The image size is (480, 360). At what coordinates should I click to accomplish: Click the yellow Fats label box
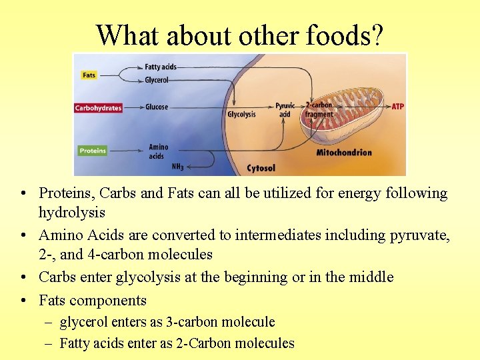click(x=89, y=75)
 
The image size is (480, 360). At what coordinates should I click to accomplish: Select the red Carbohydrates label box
click(x=98, y=108)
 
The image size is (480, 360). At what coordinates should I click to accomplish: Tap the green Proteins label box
click(x=93, y=151)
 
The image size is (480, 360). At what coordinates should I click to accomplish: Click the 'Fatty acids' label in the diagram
click(x=160, y=67)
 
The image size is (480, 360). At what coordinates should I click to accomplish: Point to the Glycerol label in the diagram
click(x=157, y=80)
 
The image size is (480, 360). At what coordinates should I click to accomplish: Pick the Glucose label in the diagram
click(x=157, y=107)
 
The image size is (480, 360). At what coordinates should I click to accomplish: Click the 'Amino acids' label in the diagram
click(x=158, y=151)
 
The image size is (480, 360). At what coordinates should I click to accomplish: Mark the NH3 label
click(x=177, y=166)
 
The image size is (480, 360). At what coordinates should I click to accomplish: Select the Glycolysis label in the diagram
click(x=241, y=115)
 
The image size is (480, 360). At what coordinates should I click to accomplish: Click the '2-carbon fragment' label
click(x=319, y=110)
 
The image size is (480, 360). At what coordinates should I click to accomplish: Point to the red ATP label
click(x=397, y=107)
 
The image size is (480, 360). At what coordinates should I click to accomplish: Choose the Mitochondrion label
click(x=344, y=152)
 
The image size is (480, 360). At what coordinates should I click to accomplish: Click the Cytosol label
click(x=261, y=168)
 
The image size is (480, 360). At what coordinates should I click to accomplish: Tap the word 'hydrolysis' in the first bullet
click(x=72, y=212)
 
